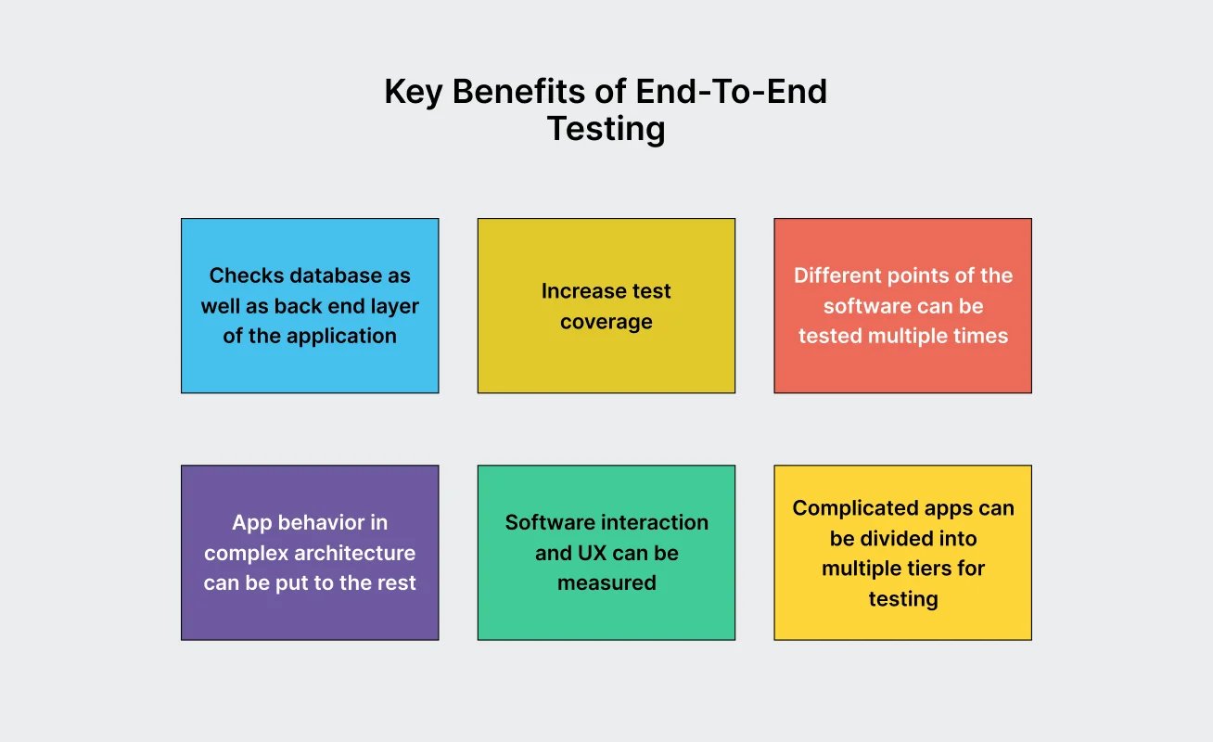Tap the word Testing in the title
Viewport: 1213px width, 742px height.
click(x=606, y=129)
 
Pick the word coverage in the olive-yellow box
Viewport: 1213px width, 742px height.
click(x=606, y=322)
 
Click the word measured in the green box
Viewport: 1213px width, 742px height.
click(x=606, y=583)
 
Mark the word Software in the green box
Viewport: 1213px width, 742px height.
click(x=547, y=522)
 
